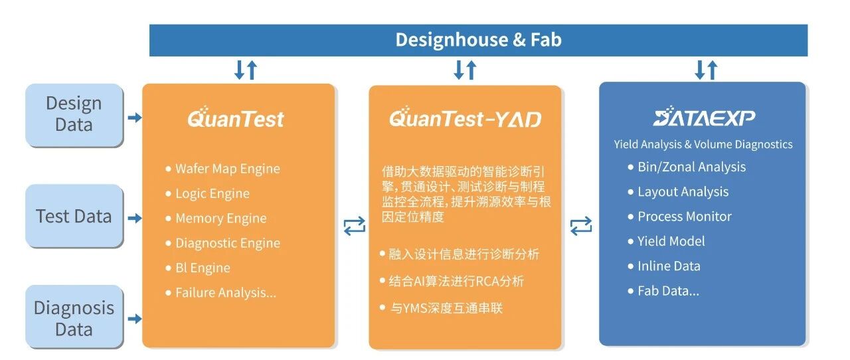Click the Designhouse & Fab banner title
pyautogui.click(x=478, y=40)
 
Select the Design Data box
pyautogui.click(x=74, y=114)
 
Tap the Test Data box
pyautogui.click(x=74, y=217)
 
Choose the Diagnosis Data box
pyautogui.click(x=74, y=318)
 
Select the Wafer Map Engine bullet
pyautogui.click(x=227, y=169)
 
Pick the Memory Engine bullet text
pyautogui.click(x=220, y=219)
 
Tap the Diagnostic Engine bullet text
pyautogui.click(x=227, y=243)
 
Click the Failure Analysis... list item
pyautogui.click(x=225, y=292)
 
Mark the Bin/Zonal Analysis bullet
pyautogui.click(x=691, y=167)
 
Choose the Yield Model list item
pyautogui.click(x=671, y=241)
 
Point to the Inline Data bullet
pyautogui.click(x=669, y=266)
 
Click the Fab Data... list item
pyautogui.click(x=668, y=290)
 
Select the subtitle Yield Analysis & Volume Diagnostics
pyautogui.click(x=703, y=144)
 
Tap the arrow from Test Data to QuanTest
pyautogui.click(x=134, y=218)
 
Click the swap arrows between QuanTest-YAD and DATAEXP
pyautogui.click(x=581, y=226)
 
